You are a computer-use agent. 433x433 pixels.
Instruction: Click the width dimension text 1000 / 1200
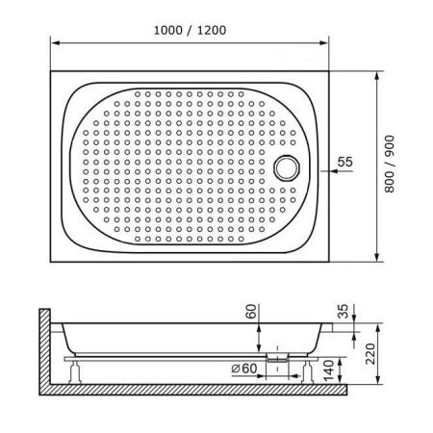click(x=190, y=29)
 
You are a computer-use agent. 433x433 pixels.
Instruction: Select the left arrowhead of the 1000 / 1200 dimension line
click(x=54, y=43)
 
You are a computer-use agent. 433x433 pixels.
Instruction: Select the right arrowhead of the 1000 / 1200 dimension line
click(x=328, y=43)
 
